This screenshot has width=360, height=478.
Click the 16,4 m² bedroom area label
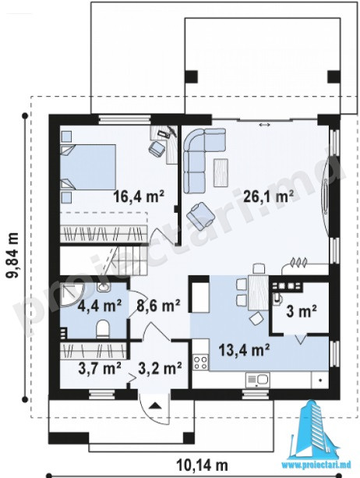[139, 196]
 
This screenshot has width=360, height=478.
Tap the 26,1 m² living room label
[269, 196]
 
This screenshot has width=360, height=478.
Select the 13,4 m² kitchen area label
[244, 350]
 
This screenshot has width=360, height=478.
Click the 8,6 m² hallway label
[158, 305]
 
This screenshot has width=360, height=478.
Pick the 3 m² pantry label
[302, 312]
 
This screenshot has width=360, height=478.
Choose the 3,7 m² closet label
[100, 368]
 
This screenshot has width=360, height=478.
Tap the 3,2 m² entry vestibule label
[161, 368]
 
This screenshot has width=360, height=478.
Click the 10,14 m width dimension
[202, 466]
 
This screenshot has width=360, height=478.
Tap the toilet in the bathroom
[102, 329]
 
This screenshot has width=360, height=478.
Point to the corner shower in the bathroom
[72, 295]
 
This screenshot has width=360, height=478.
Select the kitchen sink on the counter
[257, 380]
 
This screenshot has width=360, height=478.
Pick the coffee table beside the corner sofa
[221, 172]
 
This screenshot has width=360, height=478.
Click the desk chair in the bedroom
[157, 148]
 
